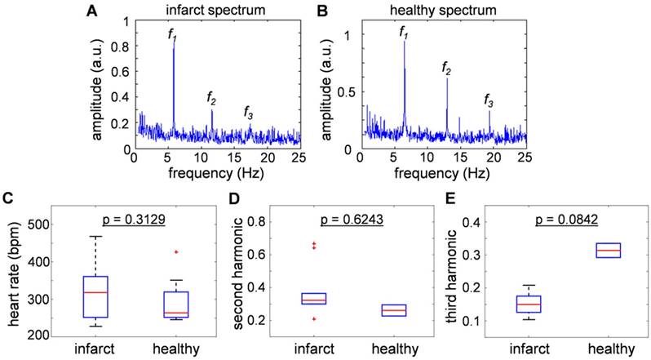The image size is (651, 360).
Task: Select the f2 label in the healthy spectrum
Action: point(446,70)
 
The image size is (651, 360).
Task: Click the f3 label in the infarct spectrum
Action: point(250,112)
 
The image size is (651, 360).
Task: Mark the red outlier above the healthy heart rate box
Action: point(175,252)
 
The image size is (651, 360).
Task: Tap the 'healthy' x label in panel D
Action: point(387,351)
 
